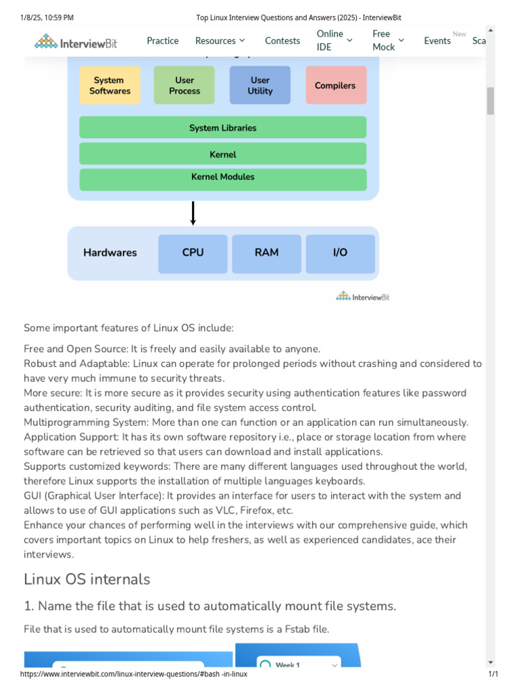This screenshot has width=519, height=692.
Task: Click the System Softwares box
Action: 110,85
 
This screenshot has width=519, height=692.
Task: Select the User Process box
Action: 184,85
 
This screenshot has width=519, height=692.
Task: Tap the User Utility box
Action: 260,85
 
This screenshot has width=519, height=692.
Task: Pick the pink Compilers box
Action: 335,85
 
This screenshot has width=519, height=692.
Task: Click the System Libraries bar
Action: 222,128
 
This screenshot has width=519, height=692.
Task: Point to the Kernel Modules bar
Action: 222,177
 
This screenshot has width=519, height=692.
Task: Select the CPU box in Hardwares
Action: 193,253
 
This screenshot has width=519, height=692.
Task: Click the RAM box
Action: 266,253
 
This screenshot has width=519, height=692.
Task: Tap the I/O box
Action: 340,253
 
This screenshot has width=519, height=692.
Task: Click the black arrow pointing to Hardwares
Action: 193,213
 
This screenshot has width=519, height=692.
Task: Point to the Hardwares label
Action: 110,253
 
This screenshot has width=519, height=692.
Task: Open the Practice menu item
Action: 163,41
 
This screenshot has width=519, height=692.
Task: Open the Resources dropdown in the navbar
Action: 220,41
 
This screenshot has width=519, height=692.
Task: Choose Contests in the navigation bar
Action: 282,41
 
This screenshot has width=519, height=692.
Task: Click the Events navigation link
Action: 437,41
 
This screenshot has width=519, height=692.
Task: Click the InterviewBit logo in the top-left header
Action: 76,42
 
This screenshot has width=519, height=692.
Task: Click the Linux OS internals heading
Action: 87,579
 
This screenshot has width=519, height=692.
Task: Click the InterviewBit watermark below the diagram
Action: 363,296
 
